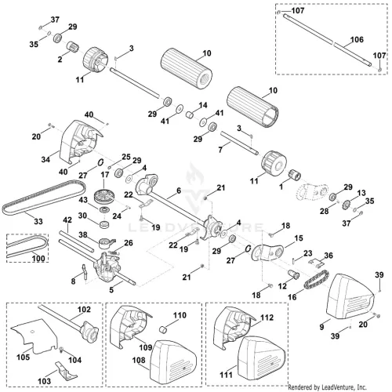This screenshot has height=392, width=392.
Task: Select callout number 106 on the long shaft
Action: click(x=357, y=39)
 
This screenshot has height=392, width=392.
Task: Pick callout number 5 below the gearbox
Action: click(x=111, y=289)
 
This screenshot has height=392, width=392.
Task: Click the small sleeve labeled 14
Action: click(x=191, y=114)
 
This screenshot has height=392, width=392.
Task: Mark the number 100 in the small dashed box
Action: click(x=38, y=259)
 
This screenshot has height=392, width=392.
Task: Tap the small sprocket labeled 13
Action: click(x=347, y=204)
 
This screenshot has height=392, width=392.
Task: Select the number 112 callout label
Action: click(x=267, y=318)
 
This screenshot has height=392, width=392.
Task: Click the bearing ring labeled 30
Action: click(x=104, y=224)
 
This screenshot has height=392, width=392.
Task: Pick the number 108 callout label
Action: click(x=139, y=360)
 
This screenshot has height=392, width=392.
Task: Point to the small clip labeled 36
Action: click(x=315, y=263)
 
